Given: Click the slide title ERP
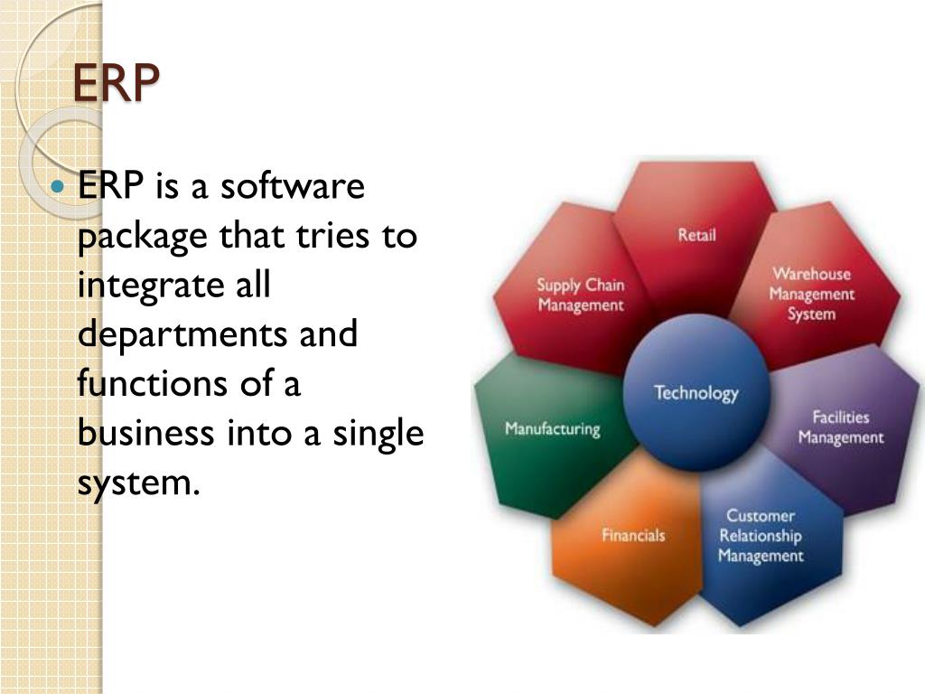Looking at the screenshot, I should pyautogui.click(x=115, y=84).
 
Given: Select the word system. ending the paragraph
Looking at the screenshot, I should pyautogui.click(x=136, y=483).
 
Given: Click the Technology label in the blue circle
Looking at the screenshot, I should pyautogui.click(x=696, y=393).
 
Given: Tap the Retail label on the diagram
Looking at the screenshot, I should pyautogui.click(x=696, y=235).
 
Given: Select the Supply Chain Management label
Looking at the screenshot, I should pyautogui.click(x=581, y=295).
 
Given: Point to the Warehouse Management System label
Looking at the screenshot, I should pyautogui.click(x=811, y=294).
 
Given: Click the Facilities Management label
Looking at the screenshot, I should pyautogui.click(x=840, y=427).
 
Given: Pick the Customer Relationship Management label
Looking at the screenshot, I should pyautogui.click(x=760, y=536).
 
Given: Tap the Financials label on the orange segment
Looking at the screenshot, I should pyautogui.click(x=633, y=535).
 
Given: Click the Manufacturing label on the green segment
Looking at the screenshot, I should pyautogui.click(x=552, y=428).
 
